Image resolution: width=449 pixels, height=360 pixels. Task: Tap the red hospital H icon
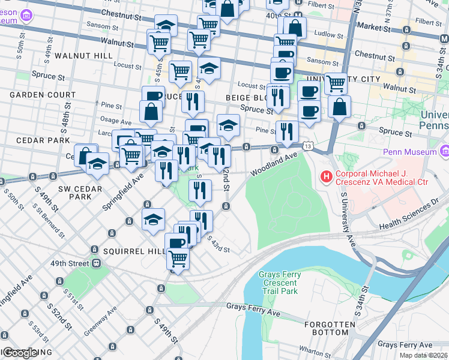point(326,176)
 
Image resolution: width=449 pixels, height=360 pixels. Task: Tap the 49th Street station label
point(70,263)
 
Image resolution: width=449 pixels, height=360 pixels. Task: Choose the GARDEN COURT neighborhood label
point(42,95)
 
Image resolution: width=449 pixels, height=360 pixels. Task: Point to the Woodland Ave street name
point(274,163)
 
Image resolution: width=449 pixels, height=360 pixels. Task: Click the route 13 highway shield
point(308,146)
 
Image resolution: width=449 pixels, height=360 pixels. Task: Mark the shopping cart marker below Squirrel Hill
point(178,259)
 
